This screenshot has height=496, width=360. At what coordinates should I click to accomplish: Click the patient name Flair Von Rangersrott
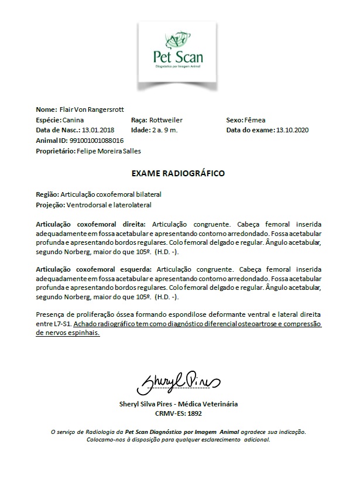(x=92, y=110)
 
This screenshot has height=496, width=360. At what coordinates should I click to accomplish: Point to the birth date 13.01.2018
(x=98, y=130)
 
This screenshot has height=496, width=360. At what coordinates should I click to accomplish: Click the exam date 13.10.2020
(x=293, y=130)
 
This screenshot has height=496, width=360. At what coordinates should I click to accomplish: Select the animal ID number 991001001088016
(x=97, y=141)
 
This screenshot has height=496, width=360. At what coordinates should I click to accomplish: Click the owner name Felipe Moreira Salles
(x=109, y=151)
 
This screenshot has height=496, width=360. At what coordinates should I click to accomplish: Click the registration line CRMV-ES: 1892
(x=179, y=413)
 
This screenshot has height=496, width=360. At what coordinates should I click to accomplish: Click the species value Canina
(x=73, y=119)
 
